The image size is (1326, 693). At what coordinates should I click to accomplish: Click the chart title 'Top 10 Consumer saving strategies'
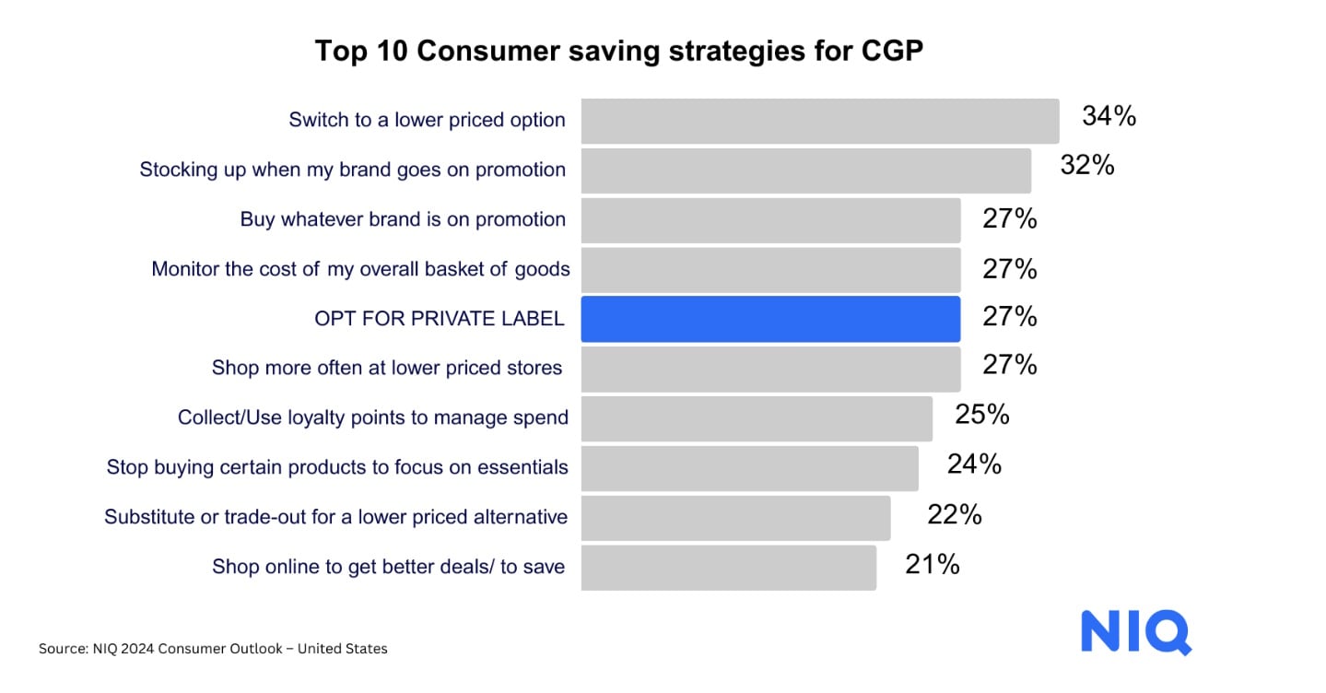[618, 52]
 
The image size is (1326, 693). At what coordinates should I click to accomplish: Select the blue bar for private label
[770, 319]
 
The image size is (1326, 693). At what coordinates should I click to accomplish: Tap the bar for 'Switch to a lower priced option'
[819, 121]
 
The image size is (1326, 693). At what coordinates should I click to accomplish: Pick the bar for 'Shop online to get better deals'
[728, 567]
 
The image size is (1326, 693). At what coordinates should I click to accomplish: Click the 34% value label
[1109, 117]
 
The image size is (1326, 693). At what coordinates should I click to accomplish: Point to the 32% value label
[1087, 166]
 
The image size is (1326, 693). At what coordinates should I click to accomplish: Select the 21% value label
[932, 564]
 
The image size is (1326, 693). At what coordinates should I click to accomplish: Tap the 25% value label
[981, 415]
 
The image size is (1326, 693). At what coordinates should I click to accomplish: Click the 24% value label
[974, 464]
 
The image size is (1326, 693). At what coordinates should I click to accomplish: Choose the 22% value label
[954, 514]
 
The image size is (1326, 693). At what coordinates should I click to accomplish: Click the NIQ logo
[1135, 632]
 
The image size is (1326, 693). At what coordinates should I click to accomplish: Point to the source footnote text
[213, 649]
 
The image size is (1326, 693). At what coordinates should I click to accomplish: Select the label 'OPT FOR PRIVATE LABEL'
[439, 319]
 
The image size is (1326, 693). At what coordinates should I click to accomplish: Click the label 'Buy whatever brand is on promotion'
[403, 219]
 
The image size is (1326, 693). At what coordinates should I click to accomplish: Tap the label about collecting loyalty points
[373, 417]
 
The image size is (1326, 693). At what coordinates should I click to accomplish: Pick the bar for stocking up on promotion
[805, 170]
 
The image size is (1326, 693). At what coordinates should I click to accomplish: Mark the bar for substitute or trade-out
[735, 517]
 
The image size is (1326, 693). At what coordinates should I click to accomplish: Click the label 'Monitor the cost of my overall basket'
[360, 269]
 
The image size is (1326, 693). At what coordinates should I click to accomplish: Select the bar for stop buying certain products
[749, 468]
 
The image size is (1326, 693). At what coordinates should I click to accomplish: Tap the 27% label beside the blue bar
[1010, 317]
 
